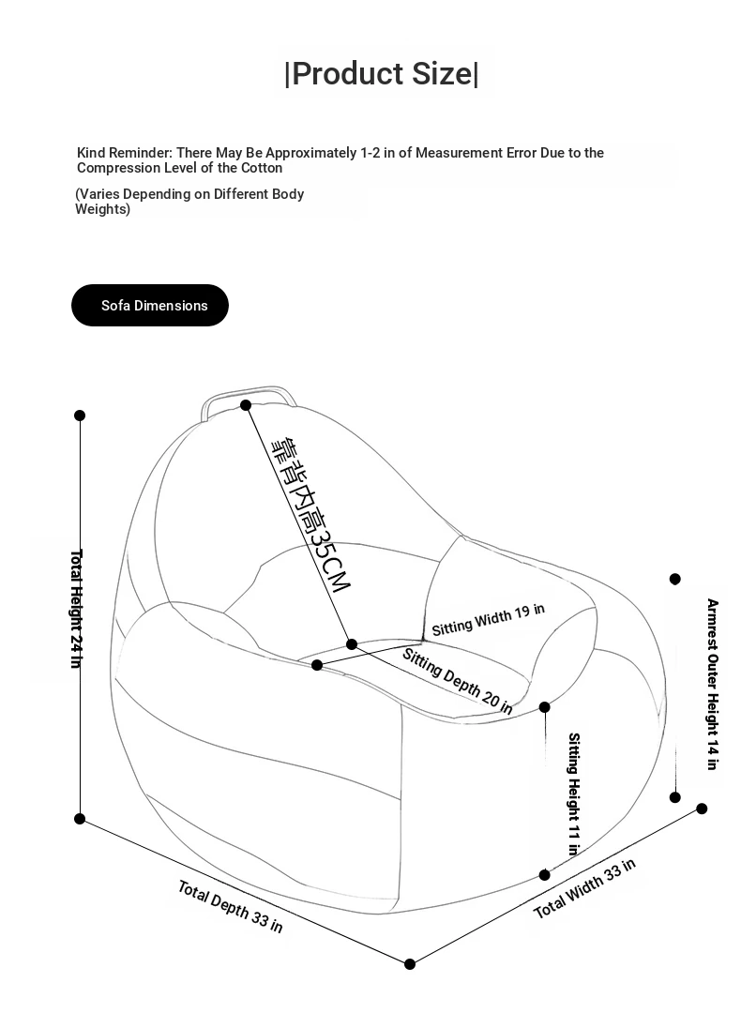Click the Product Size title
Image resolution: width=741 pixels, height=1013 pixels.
[381, 73]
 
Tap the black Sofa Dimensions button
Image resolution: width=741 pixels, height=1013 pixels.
[150, 306]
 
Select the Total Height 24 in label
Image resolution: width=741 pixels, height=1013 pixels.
[76, 608]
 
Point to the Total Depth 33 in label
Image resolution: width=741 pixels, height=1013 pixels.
[230, 906]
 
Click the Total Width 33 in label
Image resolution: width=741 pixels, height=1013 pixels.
[584, 888]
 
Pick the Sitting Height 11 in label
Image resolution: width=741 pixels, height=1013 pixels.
[573, 794]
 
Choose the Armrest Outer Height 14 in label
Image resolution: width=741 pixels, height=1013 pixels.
[712, 684]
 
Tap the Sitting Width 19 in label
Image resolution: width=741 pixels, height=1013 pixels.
[488, 619]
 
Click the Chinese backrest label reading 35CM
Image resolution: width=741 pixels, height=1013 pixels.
[310, 514]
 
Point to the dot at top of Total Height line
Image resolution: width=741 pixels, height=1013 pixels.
[80, 416]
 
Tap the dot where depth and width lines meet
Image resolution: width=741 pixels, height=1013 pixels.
[410, 964]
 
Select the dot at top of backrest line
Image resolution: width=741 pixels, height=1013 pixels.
[246, 405]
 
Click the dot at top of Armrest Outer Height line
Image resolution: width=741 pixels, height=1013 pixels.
[675, 579]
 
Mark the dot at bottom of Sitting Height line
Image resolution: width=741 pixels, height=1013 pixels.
[545, 875]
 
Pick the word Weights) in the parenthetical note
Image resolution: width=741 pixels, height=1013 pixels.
[102, 209]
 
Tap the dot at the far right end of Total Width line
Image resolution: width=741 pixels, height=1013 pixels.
[702, 809]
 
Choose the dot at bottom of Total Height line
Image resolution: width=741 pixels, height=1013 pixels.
[80, 819]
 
